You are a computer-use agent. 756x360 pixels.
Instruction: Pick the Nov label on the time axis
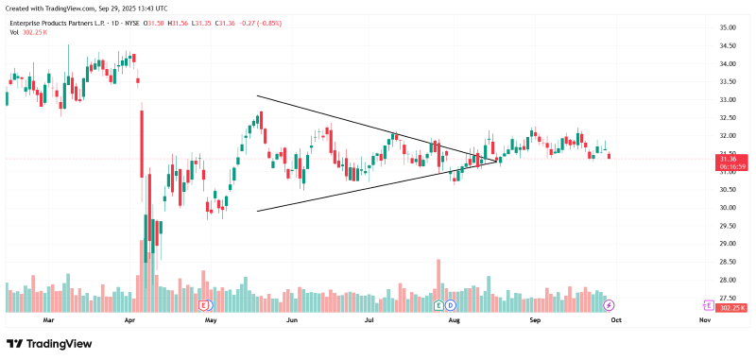click(x=704, y=321)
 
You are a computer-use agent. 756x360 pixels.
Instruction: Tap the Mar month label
click(x=49, y=321)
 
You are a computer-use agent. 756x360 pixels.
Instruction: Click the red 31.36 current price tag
click(x=730, y=161)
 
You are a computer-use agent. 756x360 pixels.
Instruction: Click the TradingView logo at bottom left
click(x=49, y=344)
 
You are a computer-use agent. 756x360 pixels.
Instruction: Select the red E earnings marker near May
click(x=205, y=306)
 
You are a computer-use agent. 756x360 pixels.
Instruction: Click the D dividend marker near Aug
click(x=451, y=306)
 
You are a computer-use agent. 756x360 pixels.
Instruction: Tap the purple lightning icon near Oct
click(x=610, y=306)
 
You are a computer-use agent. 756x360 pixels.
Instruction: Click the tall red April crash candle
click(x=142, y=142)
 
